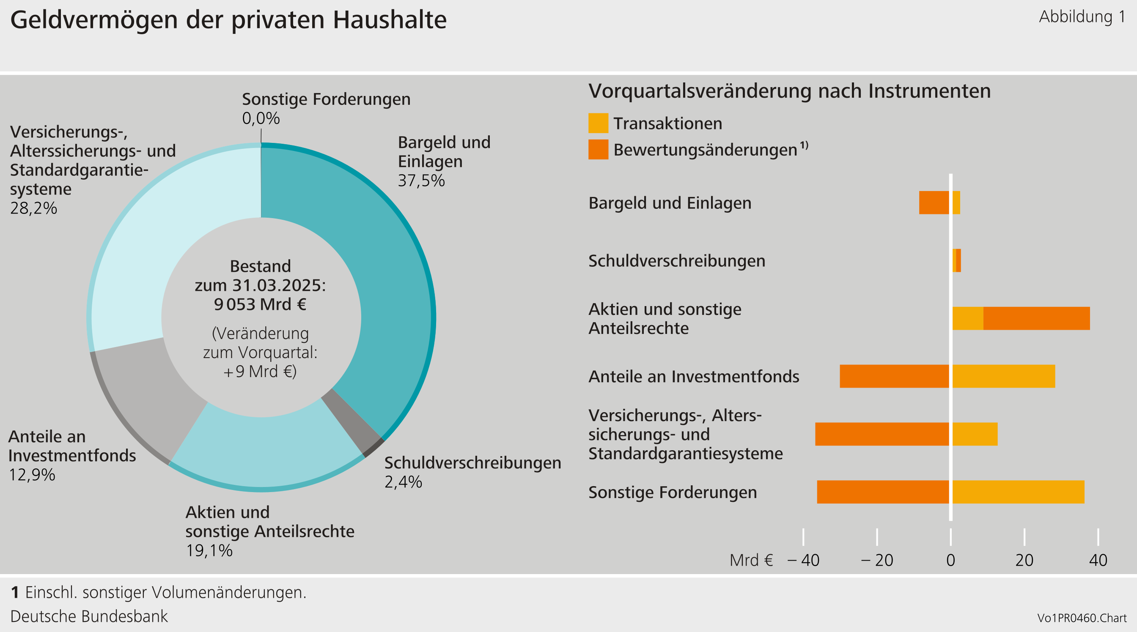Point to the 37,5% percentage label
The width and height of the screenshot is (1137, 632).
coord(421,181)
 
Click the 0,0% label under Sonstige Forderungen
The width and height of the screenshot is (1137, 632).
coord(261,119)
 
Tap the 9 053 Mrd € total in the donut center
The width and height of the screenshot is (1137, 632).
coord(261,305)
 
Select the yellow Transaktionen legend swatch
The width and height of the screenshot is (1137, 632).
coord(598,123)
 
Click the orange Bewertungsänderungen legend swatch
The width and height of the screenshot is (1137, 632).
coord(598,150)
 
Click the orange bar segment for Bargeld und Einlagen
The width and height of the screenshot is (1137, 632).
coord(934,203)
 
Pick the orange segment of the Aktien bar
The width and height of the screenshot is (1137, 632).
coord(1036,318)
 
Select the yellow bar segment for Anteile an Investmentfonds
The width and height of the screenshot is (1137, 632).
coord(1003,376)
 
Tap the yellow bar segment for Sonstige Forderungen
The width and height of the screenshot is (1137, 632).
coord(1018,492)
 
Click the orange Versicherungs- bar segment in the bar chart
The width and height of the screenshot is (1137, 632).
coord(882,434)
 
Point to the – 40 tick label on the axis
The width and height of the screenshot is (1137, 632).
coord(803,561)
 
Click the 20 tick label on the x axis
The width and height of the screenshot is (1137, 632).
coord(1024,561)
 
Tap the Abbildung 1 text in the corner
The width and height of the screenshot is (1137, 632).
coord(1082,17)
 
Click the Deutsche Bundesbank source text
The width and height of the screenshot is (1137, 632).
coord(89,616)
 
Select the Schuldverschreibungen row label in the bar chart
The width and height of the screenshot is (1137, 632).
coord(677,261)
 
